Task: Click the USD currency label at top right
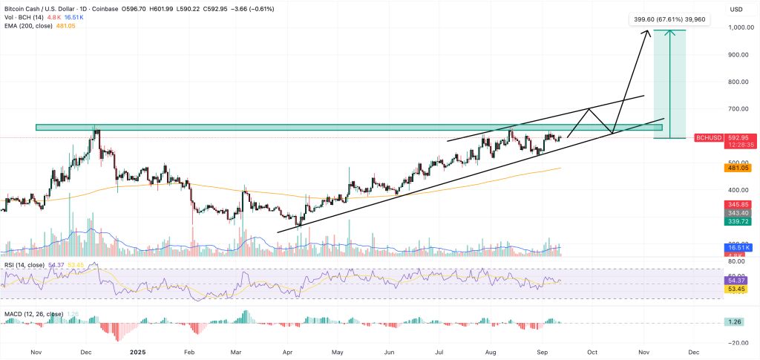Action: tap(736, 9)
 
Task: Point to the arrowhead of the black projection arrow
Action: tap(648, 30)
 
